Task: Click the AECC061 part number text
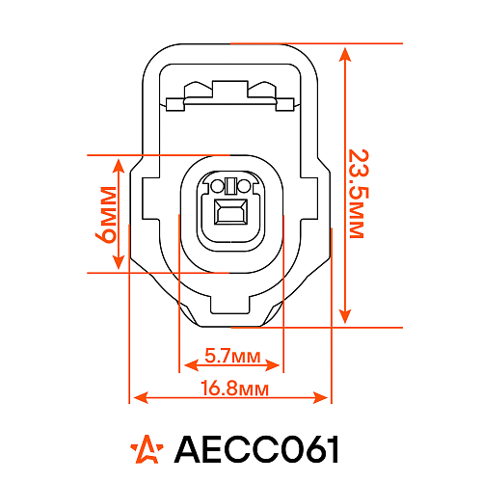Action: (x=256, y=448)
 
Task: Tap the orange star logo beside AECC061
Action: (x=147, y=448)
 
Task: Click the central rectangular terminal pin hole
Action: (x=229, y=213)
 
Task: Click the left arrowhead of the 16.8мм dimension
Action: (x=137, y=396)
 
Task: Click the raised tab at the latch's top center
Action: (x=230, y=89)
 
